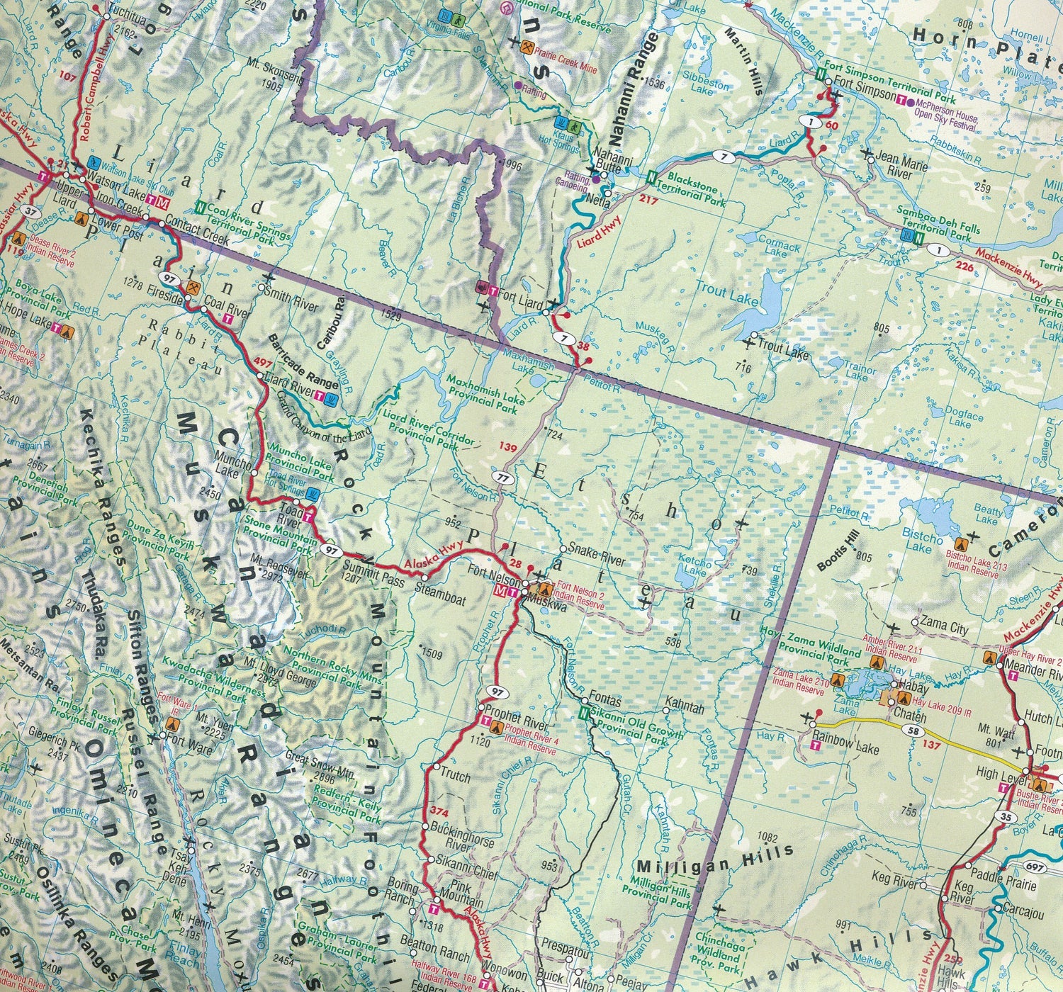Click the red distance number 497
(262, 363)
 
